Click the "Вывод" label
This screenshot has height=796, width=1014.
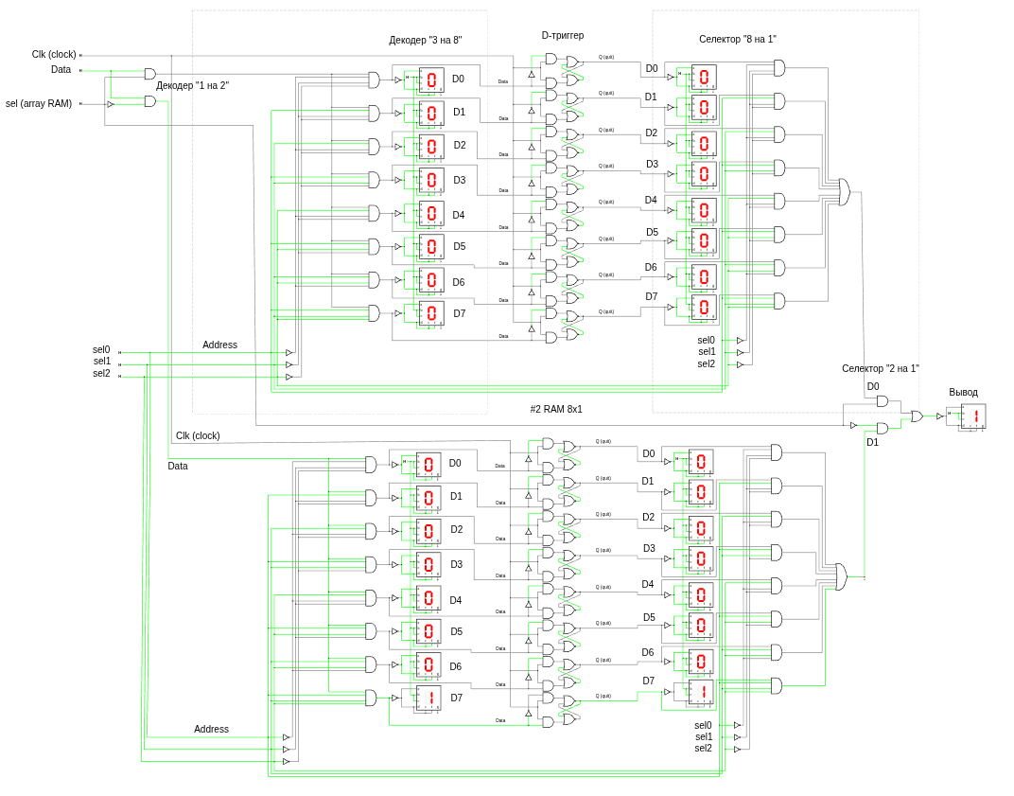(x=963, y=392)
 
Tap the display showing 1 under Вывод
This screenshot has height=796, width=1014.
(x=973, y=416)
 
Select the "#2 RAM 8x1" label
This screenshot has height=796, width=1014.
(x=556, y=409)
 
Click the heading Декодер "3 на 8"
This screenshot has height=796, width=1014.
(x=425, y=40)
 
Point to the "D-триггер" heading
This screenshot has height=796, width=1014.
(x=562, y=36)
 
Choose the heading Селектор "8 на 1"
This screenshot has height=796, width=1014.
(x=737, y=39)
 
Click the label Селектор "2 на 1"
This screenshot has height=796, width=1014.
(x=880, y=368)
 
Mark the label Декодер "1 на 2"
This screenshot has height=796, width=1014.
(x=192, y=85)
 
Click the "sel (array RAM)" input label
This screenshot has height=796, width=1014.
(x=39, y=103)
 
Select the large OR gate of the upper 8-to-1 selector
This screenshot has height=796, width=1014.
(x=844, y=192)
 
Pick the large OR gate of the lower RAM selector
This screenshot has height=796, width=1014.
(x=840, y=576)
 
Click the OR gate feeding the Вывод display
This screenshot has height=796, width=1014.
(x=917, y=416)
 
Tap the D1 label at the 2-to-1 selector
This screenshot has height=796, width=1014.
(x=872, y=442)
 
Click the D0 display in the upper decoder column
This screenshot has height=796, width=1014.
(x=430, y=80)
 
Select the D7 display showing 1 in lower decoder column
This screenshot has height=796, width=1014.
(x=428, y=698)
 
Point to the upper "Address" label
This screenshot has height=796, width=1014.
(x=219, y=345)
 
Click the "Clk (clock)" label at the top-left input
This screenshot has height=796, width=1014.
(x=54, y=54)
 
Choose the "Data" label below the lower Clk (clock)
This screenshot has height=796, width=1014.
(x=178, y=466)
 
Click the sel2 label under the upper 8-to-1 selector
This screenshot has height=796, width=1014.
(x=706, y=363)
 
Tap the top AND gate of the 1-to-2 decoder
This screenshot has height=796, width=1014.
(x=150, y=74)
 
